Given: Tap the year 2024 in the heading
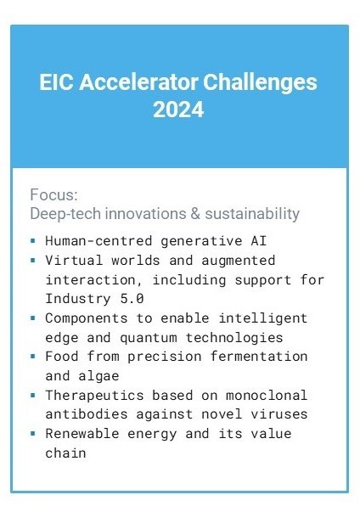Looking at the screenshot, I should tap(178, 110).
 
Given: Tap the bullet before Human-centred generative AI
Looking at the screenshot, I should tap(34, 240).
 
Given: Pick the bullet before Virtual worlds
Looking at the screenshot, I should tap(34, 260).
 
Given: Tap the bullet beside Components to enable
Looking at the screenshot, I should tap(34, 318).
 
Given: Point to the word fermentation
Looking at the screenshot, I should tap(260, 357).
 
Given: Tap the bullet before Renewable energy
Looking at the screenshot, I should tap(34, 434).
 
